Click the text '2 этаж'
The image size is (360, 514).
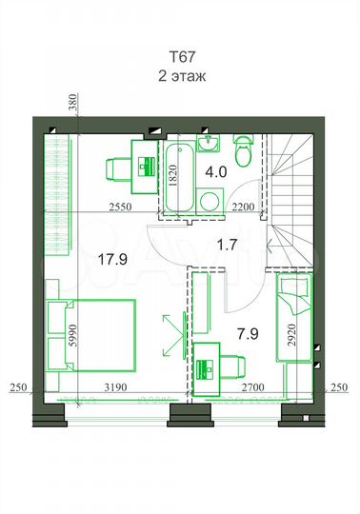[x=181, y=75]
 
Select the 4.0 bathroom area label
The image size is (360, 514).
[x=217, y=172]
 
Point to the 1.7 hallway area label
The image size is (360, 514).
[x=227, y=244]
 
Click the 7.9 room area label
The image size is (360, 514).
[x=249, y=334]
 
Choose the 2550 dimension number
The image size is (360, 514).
[x=118, y=207]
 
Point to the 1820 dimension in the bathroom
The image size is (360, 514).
[x=173, y=172]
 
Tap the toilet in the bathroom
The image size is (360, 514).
[x=243, y=150]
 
